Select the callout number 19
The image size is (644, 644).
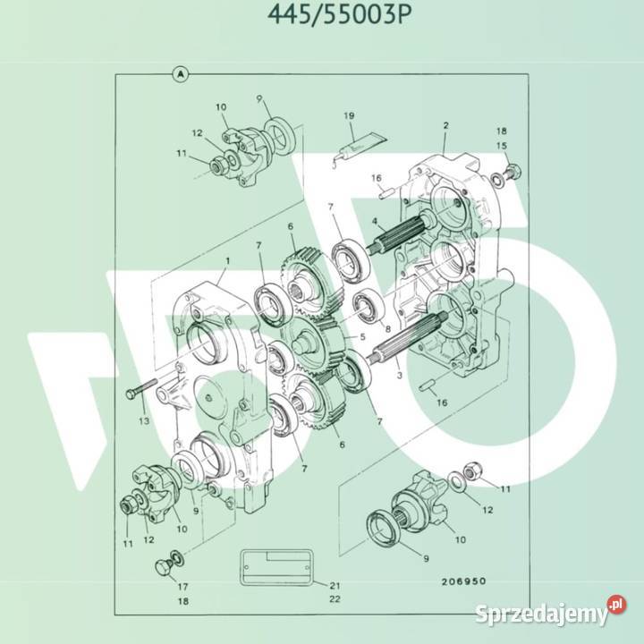pos(351,115)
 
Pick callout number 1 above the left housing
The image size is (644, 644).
pos(227,260)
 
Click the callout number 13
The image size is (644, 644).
pos(142,420)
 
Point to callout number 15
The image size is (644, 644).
pos(502,146)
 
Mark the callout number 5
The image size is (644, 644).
pos(363,337)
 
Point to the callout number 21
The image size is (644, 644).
pos(334,585)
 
